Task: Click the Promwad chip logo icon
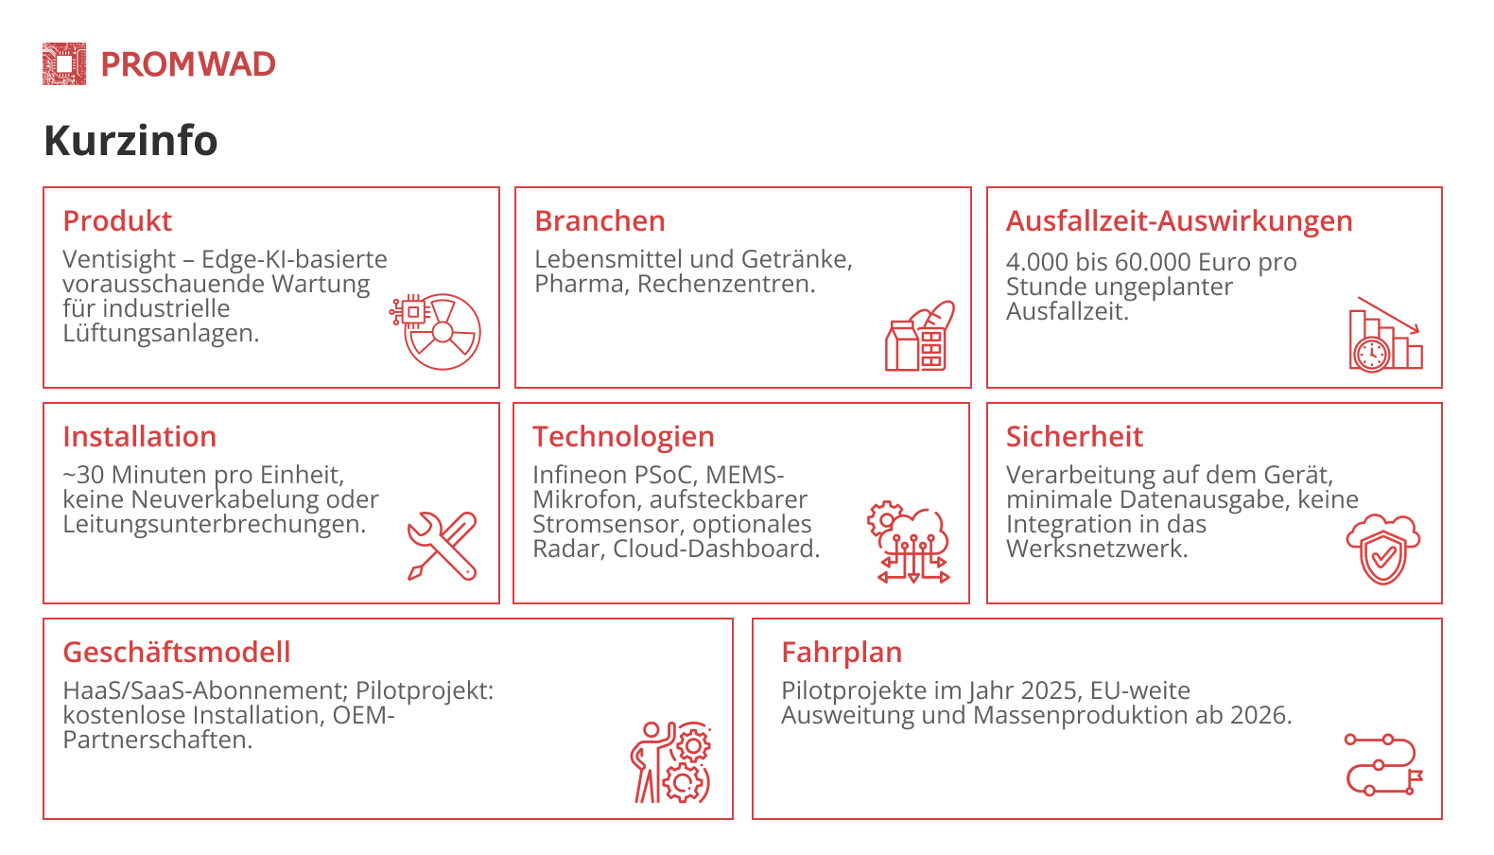64,64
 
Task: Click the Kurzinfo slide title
130,141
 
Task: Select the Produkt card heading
117,221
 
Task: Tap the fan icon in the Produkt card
437,330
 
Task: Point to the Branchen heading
599,221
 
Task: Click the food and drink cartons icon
919,337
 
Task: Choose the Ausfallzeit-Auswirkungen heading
1178,221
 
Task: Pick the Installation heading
139,437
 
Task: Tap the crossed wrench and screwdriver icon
442,546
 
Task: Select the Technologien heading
623,437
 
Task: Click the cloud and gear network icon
909,542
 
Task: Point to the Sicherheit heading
1074,437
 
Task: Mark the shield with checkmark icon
1382,550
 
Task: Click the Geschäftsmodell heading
176,653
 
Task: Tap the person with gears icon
671,762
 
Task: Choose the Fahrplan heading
841,653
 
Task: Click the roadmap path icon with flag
1382,763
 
